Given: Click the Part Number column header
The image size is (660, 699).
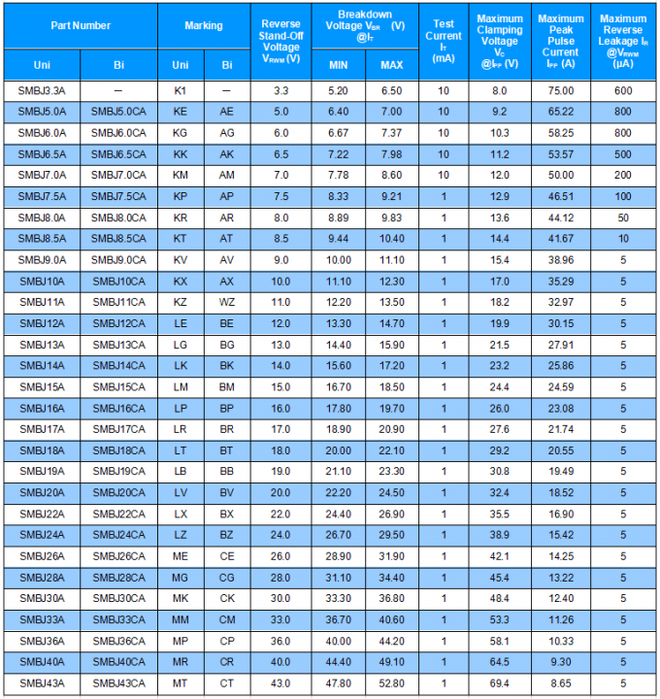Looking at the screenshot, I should pos(81,26).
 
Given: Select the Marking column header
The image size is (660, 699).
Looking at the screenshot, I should pos(204,26).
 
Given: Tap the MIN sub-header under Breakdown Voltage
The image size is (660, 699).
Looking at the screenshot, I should pos(338,64).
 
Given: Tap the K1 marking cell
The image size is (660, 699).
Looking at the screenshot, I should pos(181,90).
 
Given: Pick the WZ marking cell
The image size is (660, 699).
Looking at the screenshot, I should pos(227,302).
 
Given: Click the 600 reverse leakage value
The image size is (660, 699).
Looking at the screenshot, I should pos(622,90).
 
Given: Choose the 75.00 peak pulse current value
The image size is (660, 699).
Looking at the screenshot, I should pos(560,90).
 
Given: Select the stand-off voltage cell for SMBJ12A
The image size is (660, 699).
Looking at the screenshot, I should pos(280,323).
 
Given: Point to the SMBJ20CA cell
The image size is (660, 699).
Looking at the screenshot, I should pos(118,493).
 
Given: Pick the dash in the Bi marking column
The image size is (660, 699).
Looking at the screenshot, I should pos(227,90).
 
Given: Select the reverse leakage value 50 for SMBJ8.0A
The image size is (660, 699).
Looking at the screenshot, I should pos(622,217).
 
